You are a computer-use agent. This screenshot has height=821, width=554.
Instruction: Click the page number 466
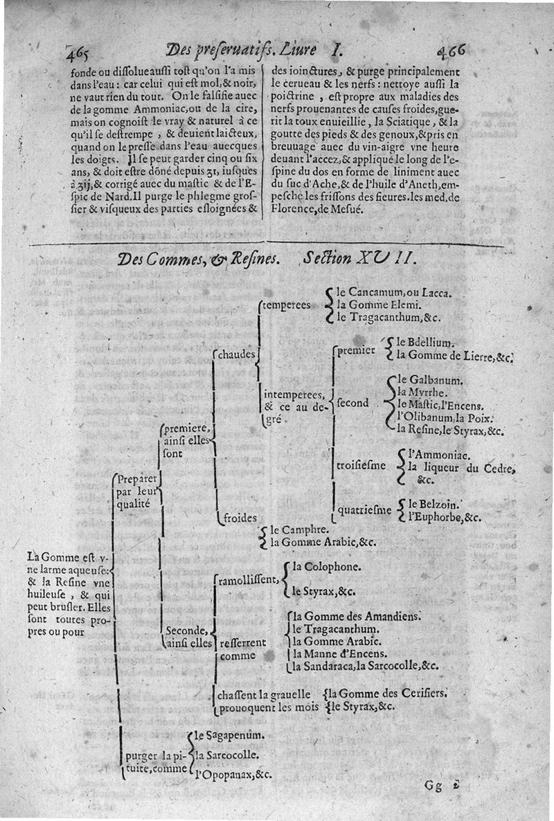[452, 51]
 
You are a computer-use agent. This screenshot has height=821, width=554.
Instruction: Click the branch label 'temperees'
[286, 305]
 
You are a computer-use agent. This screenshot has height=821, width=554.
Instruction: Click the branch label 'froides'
[241, 517]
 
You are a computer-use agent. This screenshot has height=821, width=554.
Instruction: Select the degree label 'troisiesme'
[361, 465]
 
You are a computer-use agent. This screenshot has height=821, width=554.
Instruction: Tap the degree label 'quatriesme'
[364, 511]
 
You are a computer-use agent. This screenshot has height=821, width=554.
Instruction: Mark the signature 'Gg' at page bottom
[435, 786]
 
